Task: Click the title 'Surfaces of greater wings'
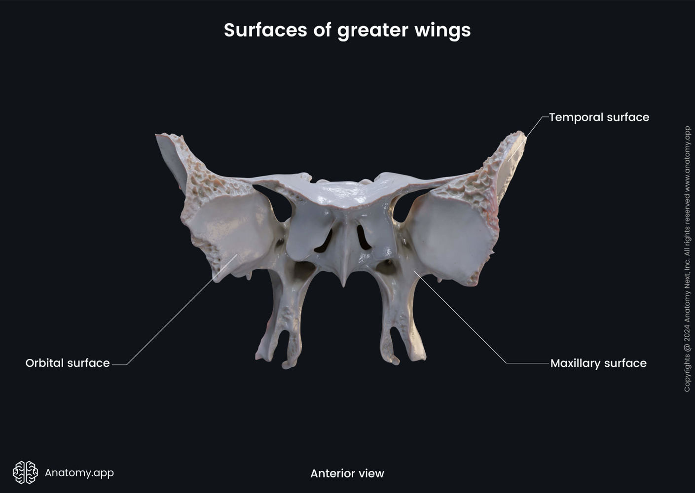coord(347,30)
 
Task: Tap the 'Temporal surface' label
coord(599,117)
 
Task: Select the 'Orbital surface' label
coord(68,363)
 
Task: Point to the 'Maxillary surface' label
coord(598,363)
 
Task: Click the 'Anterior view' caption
coord(347,474)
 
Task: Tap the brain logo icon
coord(25,473)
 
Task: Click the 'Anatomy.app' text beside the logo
coord(79,473)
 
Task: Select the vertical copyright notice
coord(687,259)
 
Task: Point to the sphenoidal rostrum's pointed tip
coord(344,283)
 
